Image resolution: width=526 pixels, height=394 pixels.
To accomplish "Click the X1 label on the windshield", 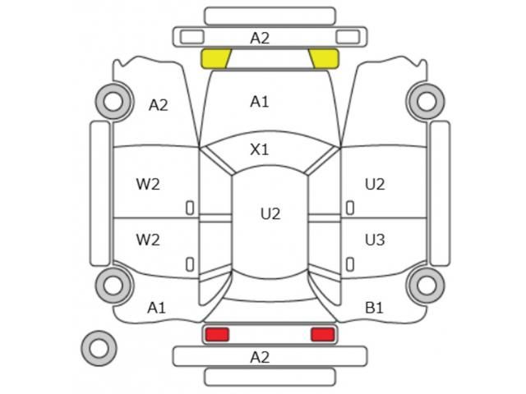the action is coord(260,149).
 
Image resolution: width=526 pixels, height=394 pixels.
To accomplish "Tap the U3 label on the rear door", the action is coord(375,240).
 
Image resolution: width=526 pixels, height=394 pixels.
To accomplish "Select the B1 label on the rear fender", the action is coord(374,308).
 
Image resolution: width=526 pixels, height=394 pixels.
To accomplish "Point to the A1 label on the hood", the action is coord(260,102).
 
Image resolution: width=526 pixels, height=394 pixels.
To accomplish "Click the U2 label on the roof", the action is coord(270,213).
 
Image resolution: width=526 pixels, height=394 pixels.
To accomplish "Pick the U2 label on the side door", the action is coord(375,184).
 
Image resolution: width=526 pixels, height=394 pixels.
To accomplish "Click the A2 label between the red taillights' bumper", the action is coord(260,357).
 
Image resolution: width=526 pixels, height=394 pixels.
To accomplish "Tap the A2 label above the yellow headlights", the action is coord(260,38).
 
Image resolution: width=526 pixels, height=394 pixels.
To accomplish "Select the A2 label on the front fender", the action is coord(159,105).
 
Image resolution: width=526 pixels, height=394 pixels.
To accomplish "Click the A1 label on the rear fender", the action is coord(157,308).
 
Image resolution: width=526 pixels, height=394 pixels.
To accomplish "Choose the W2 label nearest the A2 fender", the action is coord(148,184).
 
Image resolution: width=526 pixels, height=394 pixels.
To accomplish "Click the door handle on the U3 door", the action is coord(350,264).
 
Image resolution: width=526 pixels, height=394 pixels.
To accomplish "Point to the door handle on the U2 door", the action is coord(350,208).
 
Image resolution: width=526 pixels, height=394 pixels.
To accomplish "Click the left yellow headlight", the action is coord(215,58).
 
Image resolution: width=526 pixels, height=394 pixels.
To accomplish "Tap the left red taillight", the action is coord(217,335).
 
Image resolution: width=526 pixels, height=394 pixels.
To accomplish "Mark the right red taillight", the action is coord(323,335).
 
